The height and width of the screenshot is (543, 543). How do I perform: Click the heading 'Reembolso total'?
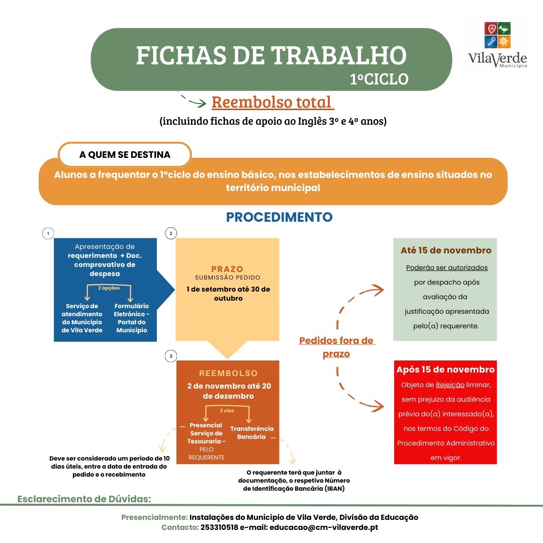click(273, 102)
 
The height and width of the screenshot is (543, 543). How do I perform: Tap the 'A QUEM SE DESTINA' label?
click(125, 155)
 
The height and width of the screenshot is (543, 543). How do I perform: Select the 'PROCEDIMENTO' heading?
click(279, 217)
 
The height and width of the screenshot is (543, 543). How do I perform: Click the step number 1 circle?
click(48, 233)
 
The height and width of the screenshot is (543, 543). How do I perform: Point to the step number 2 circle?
click(171, 233)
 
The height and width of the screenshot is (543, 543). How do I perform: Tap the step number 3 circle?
click(171, 356)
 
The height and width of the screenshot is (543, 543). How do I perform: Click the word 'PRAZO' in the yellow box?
click(227, 269)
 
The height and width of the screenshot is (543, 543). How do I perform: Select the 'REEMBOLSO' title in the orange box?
click(228, 373)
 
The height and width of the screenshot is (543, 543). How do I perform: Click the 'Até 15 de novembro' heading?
click(446, 250)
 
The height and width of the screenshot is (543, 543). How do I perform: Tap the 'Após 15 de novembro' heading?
click(445, 370)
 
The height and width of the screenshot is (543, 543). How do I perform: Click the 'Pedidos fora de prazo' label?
click(336, 347)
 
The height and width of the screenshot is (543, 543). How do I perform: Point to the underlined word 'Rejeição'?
click(449, 385)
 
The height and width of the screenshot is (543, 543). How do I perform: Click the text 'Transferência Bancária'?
click(252, 432)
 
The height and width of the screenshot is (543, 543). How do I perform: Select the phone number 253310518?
click(219, 527)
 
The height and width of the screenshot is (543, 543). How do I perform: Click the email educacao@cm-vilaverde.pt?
click(324, 527)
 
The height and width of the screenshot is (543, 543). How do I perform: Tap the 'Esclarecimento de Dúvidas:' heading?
click(84, 499)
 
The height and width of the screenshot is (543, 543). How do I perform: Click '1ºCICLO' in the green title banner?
click(379, 79)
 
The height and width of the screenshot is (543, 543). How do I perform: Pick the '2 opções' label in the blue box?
click(109, 288)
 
